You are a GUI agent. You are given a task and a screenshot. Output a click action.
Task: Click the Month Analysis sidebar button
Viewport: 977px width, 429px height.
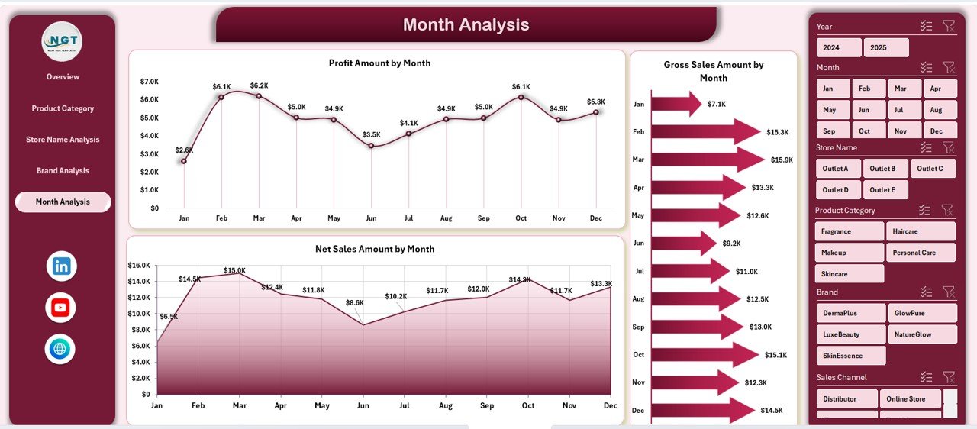click(63, 202)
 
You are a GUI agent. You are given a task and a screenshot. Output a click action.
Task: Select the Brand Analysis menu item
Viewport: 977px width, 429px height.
click(63, 170)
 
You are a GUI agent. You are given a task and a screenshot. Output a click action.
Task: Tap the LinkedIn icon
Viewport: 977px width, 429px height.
click(61, 266)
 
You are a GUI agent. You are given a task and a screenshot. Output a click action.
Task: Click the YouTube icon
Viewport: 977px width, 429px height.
click(60, 308)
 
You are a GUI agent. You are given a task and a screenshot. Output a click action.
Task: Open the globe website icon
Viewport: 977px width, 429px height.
click(60, 349)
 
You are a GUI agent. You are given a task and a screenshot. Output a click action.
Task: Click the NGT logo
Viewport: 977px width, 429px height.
click(62, 41)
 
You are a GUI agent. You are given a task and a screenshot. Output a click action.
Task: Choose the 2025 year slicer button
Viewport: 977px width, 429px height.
click(886, 47)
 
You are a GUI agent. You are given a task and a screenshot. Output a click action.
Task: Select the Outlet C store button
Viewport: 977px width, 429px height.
click(930, 169)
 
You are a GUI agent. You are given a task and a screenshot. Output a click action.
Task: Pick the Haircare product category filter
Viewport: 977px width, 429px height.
click(920, 231)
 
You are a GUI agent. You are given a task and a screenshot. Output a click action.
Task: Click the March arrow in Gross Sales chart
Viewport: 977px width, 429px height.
click(707, 160)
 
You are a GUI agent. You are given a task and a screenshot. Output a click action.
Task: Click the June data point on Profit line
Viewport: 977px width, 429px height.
click(371, 145)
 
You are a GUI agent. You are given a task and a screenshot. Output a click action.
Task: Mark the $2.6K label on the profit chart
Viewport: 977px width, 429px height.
click(183, 150)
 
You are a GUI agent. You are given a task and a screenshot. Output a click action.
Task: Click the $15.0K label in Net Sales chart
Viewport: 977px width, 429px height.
click(234, 270)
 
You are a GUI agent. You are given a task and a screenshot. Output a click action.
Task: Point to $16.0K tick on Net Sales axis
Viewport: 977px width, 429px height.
click(140, 266)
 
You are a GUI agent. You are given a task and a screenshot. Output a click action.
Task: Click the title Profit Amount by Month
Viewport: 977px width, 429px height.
click(379, 63)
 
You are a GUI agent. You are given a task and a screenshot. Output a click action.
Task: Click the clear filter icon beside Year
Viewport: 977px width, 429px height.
click(948, 26)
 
